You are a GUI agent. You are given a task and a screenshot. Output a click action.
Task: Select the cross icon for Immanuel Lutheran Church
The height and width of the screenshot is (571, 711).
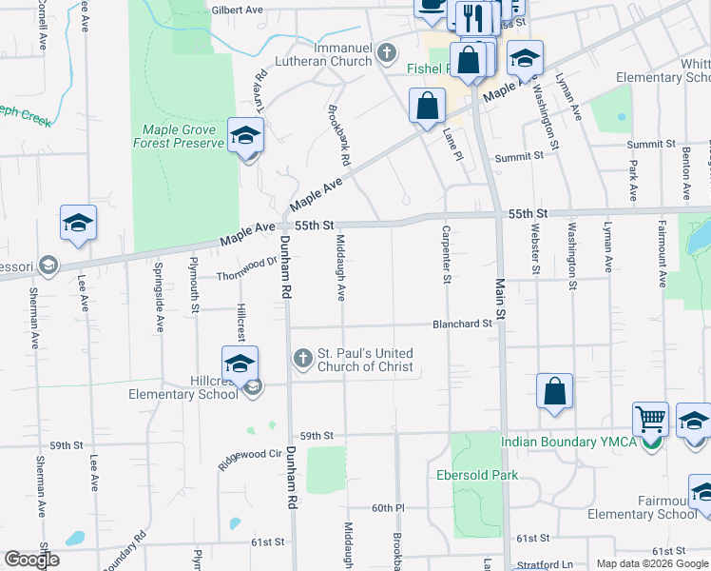[387, 52]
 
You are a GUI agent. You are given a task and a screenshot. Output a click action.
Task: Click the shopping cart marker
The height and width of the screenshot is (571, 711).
[650, 418]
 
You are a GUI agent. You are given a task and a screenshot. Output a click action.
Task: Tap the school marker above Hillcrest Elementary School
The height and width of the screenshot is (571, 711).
[240, 363]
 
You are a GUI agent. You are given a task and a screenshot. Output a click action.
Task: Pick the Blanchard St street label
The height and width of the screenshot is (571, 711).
[462, 324]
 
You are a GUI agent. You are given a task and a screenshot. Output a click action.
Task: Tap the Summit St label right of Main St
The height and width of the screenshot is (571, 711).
[518, 156]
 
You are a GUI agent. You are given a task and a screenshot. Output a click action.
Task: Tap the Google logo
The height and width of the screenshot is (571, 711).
[31, 560]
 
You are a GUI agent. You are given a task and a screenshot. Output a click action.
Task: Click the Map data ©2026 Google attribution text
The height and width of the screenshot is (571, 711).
[651, 563]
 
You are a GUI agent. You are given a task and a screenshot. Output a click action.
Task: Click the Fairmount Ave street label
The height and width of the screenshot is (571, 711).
[663, 254]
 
